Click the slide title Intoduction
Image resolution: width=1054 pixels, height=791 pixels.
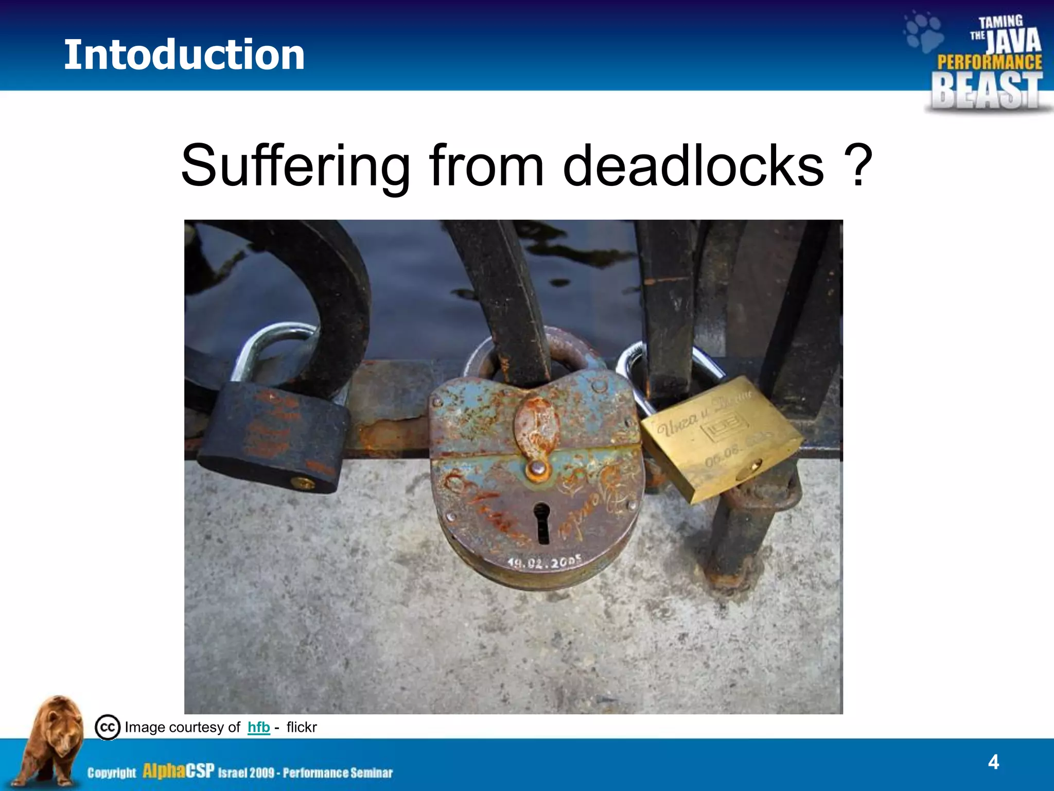pyautogui.click(x=184, y=55)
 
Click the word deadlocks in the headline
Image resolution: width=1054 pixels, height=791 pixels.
pyautogui.click(x=693, y=166)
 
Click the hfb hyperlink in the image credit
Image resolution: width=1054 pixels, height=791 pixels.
pyautogui.click(x=258, y=727)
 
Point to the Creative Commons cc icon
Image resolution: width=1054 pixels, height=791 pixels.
pyautogui.click(x=108, y=727)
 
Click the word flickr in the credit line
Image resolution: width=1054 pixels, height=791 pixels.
pyautogui.click(x=301, y=727)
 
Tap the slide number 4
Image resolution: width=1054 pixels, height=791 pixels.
pyautogui.click(x=993, y=762)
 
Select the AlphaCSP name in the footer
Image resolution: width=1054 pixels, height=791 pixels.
pyautogui.click(x=178, y=771)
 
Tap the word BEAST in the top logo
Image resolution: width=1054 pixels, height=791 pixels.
pyautogui.click(x=987, y=91)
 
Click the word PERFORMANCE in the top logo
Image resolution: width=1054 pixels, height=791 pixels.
pyautogui.click(x=989, y=62)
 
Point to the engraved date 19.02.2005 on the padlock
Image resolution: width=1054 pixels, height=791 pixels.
pyautogui.click(x=544, y=562)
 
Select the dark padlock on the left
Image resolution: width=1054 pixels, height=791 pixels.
pyautogui.click(x=273, y=438)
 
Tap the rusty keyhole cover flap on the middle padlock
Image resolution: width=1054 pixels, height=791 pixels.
pyautogui.click(x=536, y=427)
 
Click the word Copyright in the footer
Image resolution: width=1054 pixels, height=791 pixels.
pyautogui.click(x=112, y=772)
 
